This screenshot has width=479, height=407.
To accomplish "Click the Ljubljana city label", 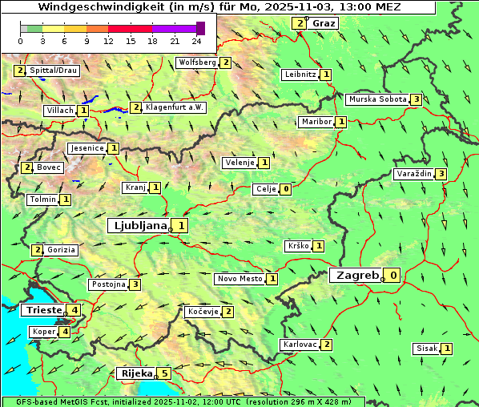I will point(138,226).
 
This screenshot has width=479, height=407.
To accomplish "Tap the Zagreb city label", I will point(356,276).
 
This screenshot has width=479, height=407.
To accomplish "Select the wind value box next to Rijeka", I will point(165,373).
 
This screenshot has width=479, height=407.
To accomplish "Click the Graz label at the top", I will point(324,23).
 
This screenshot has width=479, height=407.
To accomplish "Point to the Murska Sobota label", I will point(376,99).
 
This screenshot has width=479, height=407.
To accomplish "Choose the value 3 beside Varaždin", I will point(441,174).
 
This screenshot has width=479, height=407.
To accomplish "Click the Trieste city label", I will point(43,310).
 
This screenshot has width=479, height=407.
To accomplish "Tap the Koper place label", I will point(43,332).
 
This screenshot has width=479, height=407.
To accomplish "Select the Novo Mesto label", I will point(239,279).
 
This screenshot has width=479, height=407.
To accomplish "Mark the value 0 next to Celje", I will point(285,189).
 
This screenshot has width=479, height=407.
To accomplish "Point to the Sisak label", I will point(425,349).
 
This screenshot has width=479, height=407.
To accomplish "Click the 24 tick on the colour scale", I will point(196,40).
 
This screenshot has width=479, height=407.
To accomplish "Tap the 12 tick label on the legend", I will point(108,40).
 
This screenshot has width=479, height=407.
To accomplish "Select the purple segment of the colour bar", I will point(174,28).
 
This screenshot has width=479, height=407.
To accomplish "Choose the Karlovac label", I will point(300,345).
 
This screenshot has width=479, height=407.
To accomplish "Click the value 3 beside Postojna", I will point(136,284).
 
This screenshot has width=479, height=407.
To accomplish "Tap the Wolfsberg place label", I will point(197,62).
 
